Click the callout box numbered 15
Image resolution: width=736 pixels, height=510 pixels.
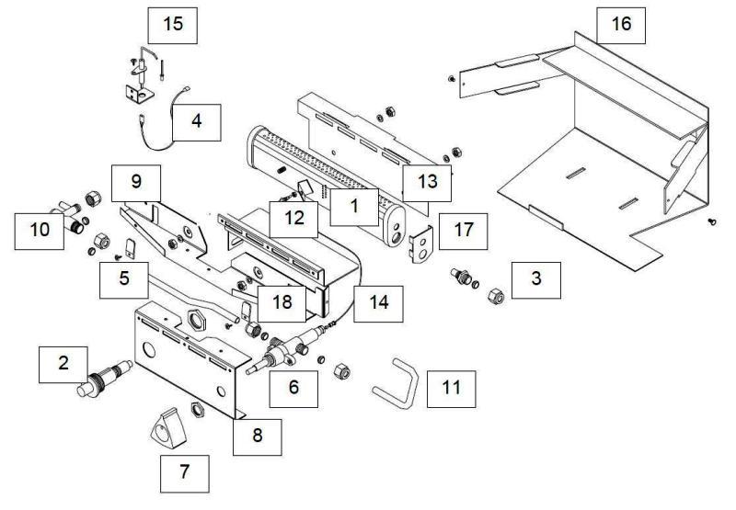pyautogui.click(x=173, y=24)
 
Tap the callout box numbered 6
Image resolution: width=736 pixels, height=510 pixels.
pyautogui.click(x=293, y=387)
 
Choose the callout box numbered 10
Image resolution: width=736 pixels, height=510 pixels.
pyautogui.click(x=39, y=229)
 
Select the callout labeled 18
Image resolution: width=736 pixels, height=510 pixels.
pyautogui.click(x=281, y=302)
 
